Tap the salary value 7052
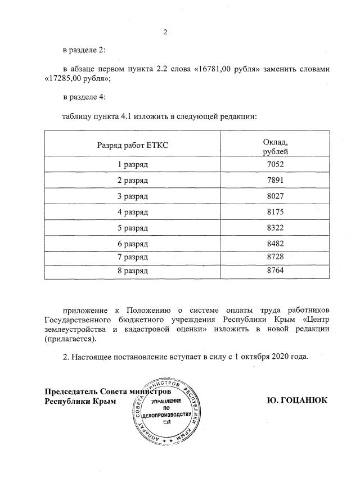click(276, 165)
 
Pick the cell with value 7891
click(276, 181)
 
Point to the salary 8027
click(276, 197)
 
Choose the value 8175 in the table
click(276, 213)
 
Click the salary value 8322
click(276, 228)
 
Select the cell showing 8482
click(276, 245)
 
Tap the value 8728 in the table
click(276, 257)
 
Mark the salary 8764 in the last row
click(276, 271)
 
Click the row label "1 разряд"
click(133, 165)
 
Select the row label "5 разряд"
click(133, 228)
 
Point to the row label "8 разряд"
click(133, 271)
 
